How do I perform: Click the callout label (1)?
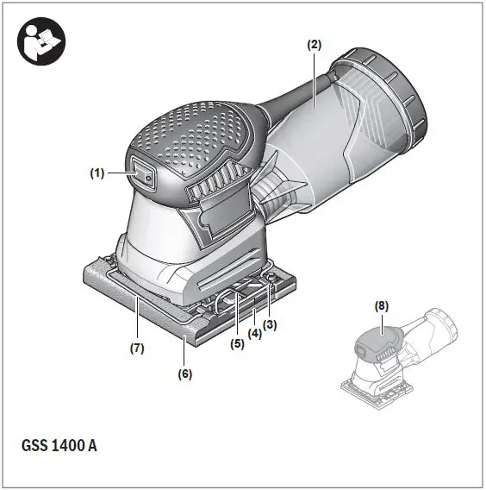click(97, 173)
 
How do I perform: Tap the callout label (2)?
click(315, 44)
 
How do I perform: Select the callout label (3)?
click(270, 324)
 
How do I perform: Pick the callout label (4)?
click(255, 333)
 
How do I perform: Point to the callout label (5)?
click(237, 342)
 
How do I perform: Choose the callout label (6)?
click(185, 374)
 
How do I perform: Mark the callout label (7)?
click(137, 349)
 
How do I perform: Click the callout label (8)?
click(383, 305)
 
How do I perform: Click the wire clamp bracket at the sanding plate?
click(228, 302)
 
